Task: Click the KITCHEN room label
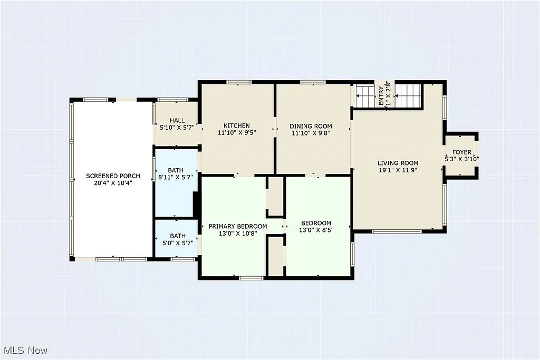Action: [x=237, y=125]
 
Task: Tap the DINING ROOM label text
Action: [x=311, y=126]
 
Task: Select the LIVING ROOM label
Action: [x=398, y=163]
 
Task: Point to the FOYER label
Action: [x=461, y=152]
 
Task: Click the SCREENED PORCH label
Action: [x=113, y=176]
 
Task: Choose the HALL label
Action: [x=177, y=120]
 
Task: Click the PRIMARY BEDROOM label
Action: [x=237, y=226]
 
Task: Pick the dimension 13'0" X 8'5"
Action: [x=316, y=230]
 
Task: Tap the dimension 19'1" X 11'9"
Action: [x=398, y=170]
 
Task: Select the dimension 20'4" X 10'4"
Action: [x=113, y=183]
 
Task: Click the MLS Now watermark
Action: [x=25, y=351]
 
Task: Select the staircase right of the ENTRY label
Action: [x=408, y=95]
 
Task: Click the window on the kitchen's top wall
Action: [x=238, y=82]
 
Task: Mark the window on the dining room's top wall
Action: [x=312, y=82]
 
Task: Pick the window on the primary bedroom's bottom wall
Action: [x=251, y=277]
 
